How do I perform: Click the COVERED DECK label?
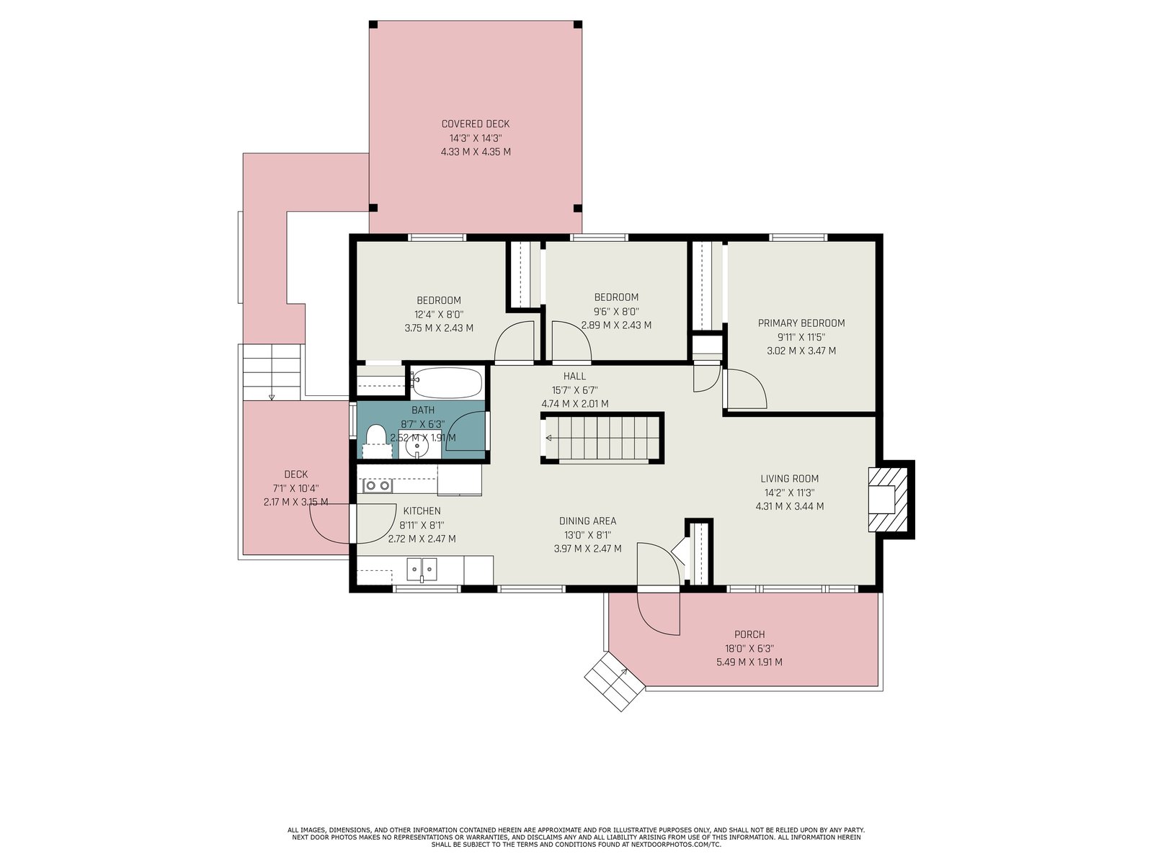coord(476,124)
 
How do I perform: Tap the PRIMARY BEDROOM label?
coord(801,323)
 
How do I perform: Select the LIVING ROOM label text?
coord(790,478)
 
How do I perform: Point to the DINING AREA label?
coord(587,521)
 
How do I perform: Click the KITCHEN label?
coord(422,511)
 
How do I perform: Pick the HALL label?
coord(574,376)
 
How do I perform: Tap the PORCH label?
coord(749,634)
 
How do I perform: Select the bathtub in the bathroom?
coord(447,382)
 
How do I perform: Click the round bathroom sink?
coord(417,446)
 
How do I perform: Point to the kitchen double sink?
coord(422,570)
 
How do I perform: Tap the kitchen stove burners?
coord(377,486)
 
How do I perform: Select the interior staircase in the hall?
coord(602,438)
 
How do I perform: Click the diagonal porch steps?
coord(615,681)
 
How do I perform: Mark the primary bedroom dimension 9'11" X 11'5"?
coord(801,337)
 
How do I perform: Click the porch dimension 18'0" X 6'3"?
coord(749,649)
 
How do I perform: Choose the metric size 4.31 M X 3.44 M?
coord(790,506)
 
